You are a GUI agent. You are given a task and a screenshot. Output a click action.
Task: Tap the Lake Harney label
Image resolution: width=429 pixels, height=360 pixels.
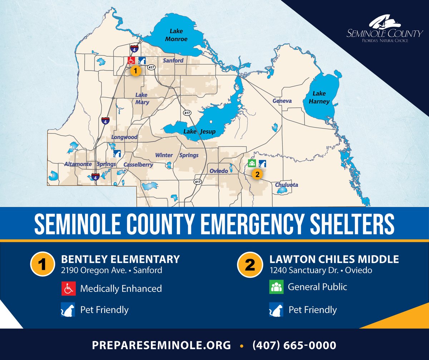coord(319,97)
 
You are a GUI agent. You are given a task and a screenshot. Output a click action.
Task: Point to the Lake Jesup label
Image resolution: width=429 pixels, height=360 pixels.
coord(199,132)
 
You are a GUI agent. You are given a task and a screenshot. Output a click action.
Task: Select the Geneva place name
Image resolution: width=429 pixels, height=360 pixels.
coord(282,101)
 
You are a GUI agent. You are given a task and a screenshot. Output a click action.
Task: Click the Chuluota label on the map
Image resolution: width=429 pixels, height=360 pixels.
coord(286,185)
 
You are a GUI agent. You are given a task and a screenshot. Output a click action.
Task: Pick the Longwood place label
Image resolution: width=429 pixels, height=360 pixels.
coord(124,137)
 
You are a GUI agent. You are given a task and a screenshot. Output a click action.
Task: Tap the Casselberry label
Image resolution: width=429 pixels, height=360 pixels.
coord(138,165)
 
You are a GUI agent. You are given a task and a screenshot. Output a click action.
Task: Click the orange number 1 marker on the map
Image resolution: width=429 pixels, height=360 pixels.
coord(135,71)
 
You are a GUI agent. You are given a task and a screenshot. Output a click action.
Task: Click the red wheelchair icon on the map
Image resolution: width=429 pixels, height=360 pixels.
coord(131,60)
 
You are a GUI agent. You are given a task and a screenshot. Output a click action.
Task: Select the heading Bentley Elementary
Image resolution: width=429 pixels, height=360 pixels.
coord(120,259)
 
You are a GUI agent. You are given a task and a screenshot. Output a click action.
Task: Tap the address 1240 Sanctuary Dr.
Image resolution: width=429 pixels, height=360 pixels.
coord(304,270)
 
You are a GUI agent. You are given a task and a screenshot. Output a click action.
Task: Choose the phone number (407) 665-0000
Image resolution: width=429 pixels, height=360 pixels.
coord(294,345)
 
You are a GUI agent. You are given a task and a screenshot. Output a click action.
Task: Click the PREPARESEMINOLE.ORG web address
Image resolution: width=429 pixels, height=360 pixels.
coord(161,345)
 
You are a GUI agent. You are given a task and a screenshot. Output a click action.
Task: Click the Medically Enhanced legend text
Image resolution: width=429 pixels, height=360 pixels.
coord(121,288)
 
